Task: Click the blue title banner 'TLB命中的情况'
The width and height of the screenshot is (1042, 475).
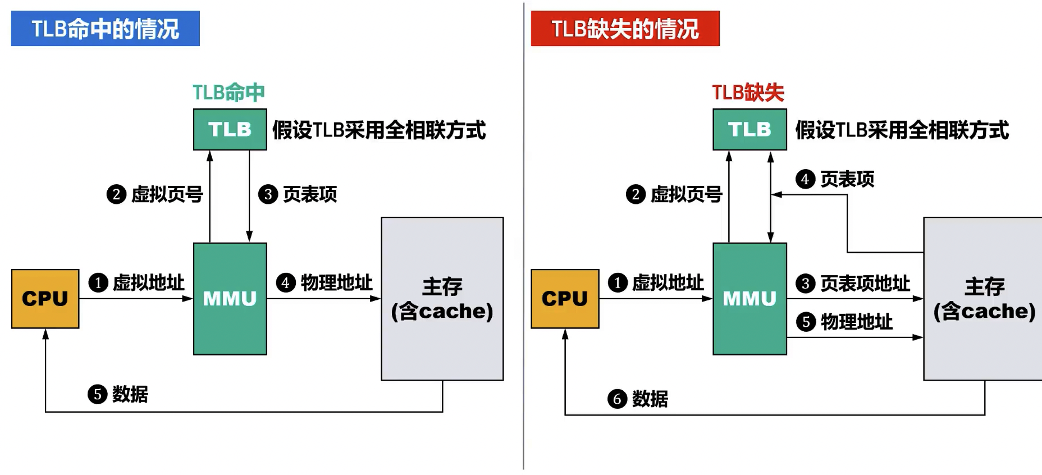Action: tap(105, 29)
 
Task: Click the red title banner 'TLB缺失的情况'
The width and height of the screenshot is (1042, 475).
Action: tap(625, 29)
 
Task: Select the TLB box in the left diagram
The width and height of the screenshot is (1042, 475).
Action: tap(230, 130)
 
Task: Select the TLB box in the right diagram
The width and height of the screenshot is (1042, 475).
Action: tap(749, 130)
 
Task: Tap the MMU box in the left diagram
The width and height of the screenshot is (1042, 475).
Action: tap(230, 299)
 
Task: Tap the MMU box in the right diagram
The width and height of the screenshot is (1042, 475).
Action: tap(749, 299)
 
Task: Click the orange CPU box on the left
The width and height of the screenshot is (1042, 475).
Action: tap(45, 299)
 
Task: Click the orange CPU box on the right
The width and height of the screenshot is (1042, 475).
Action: tap(565, 299)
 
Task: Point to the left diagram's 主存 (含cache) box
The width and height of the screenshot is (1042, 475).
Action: tap(442, 299)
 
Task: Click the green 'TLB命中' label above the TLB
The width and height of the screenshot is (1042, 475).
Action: tap(228, 93)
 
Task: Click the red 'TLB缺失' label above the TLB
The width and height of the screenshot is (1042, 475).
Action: tap(748, 93)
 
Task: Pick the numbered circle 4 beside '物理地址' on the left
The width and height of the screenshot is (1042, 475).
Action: tap(286, 282)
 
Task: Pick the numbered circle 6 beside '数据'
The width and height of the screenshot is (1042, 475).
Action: tap(617, 399)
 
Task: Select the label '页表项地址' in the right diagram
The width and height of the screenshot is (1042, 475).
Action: tap(865, 284)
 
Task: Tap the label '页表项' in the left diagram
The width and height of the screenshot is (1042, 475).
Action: tap(310, 194)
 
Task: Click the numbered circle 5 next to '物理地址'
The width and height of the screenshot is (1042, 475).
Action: tap(806, 322)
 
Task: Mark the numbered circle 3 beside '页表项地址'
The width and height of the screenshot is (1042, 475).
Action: tap(806, 284)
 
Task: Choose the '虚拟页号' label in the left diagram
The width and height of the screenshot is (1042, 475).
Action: tap(167, 194)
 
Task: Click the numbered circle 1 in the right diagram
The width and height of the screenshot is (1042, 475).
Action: tap(618, 282)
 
